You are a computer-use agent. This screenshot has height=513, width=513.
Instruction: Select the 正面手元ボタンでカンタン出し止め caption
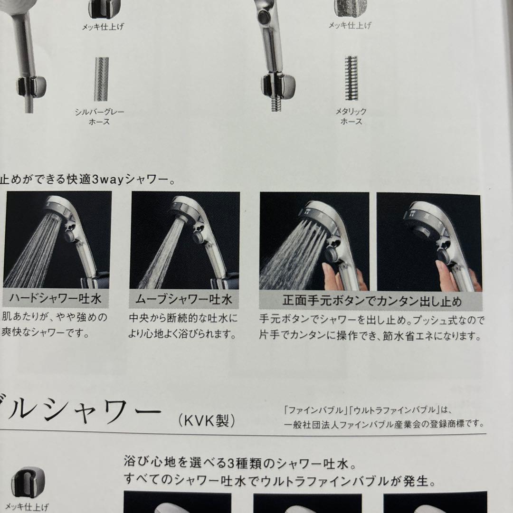(371, 301)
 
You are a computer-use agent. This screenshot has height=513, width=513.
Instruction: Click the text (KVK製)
(207, 420)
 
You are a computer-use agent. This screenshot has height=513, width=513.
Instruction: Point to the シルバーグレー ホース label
(99, 117)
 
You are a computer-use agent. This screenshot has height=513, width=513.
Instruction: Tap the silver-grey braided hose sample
(101, 79)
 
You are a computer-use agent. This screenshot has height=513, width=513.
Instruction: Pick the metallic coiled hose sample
(351, 78)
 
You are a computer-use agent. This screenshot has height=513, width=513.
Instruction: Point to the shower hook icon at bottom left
(28, 482)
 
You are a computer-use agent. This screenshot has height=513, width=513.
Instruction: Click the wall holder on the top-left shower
(31, 85)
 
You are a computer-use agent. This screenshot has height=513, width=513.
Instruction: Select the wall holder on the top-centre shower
(278, 85)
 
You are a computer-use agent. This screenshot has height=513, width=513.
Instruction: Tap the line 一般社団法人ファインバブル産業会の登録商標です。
(383, 423)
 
